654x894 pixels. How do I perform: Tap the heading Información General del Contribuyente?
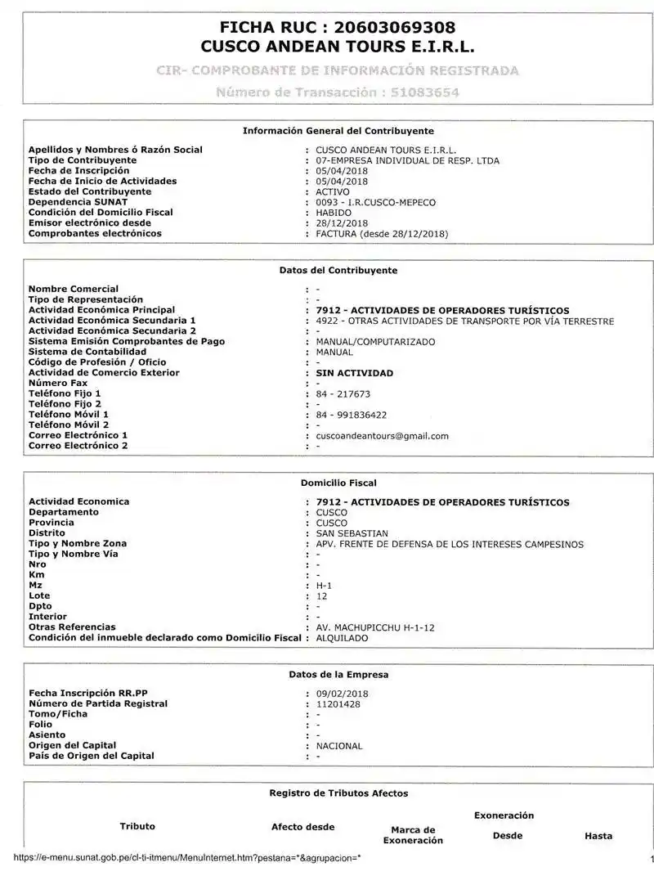(x=338, y=131)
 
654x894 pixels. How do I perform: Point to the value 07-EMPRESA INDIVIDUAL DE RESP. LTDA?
(x=407, y=160)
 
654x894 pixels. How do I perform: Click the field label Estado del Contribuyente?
(x=90, y=191)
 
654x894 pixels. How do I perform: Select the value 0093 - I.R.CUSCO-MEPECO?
(x=376, y=202)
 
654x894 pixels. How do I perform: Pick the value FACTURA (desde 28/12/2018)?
(x=382, y=234)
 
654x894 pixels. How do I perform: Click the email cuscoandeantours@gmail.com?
(x=382, y=436)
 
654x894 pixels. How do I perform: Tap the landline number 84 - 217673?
(x=343, y=393)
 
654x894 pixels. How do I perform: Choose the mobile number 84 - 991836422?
(x=352, y=415)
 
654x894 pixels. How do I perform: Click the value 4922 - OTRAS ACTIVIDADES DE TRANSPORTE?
(x=464, y=321)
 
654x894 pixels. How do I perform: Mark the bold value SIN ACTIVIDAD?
(x=354, y=373)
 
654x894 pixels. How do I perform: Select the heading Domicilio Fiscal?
(x=338, y=483)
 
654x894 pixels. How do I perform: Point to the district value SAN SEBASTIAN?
(x=352, y=533)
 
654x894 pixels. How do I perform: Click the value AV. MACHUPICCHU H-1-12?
(x=375, y=627)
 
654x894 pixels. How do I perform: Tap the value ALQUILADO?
(x=342, y=638)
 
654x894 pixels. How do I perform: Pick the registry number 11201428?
(x=338, y=703)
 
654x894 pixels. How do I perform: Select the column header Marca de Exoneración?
(x=413, y=835)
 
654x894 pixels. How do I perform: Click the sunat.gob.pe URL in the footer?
(x=187, y=858)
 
